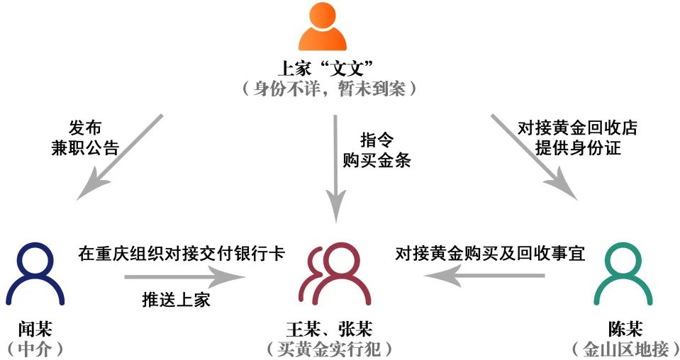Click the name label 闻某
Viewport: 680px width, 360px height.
point(35,330)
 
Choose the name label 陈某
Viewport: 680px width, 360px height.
point(625,330)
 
